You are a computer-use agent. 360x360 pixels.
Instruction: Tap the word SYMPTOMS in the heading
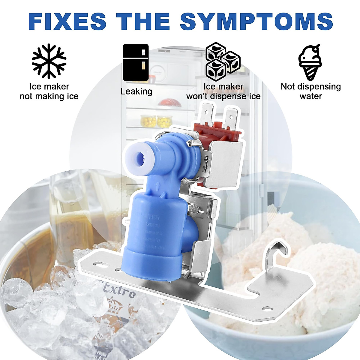256,21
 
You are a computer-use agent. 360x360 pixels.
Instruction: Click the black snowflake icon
49,61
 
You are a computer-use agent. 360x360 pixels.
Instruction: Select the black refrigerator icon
136,63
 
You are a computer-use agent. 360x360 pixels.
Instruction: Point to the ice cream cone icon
310,62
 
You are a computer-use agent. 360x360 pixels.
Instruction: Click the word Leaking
136,91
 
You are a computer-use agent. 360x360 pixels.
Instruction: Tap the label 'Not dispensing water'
310,91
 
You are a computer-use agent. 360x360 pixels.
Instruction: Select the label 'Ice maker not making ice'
49,91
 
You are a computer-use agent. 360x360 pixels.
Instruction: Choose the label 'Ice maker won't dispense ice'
223,91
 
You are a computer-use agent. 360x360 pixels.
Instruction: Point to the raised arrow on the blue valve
157,187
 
